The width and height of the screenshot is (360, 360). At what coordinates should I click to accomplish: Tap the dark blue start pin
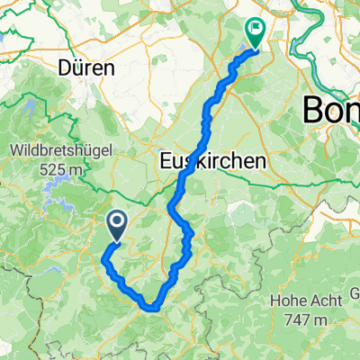click(117, 226)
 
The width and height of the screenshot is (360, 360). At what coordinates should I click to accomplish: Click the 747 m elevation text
click(305, 320)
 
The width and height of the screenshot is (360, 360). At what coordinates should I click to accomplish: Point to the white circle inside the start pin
click(117, 222)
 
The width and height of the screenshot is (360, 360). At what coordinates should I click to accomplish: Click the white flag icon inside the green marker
click(257, 30)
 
